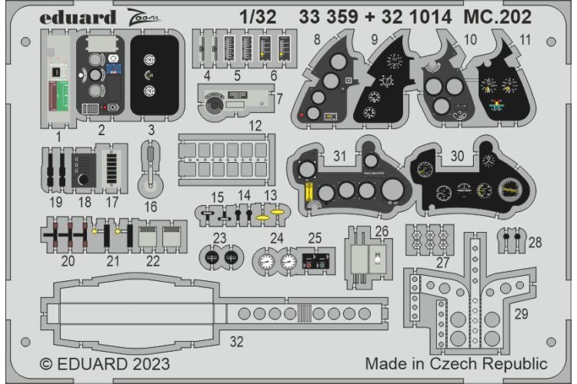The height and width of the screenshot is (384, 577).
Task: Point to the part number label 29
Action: coord(520,314)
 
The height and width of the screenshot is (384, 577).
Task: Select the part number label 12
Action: coord(255,124)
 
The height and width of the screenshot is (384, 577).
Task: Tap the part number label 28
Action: coord(535,243)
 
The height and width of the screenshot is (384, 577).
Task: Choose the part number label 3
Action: coord(151,129)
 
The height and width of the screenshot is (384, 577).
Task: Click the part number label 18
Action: coord(85,202)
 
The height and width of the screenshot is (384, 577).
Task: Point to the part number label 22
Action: coord(153,261)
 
